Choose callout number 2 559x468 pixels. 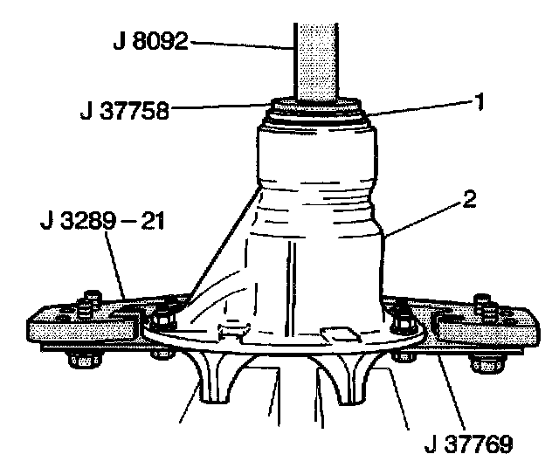(x=469, y=197)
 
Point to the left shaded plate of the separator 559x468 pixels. (x=79, y=327)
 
